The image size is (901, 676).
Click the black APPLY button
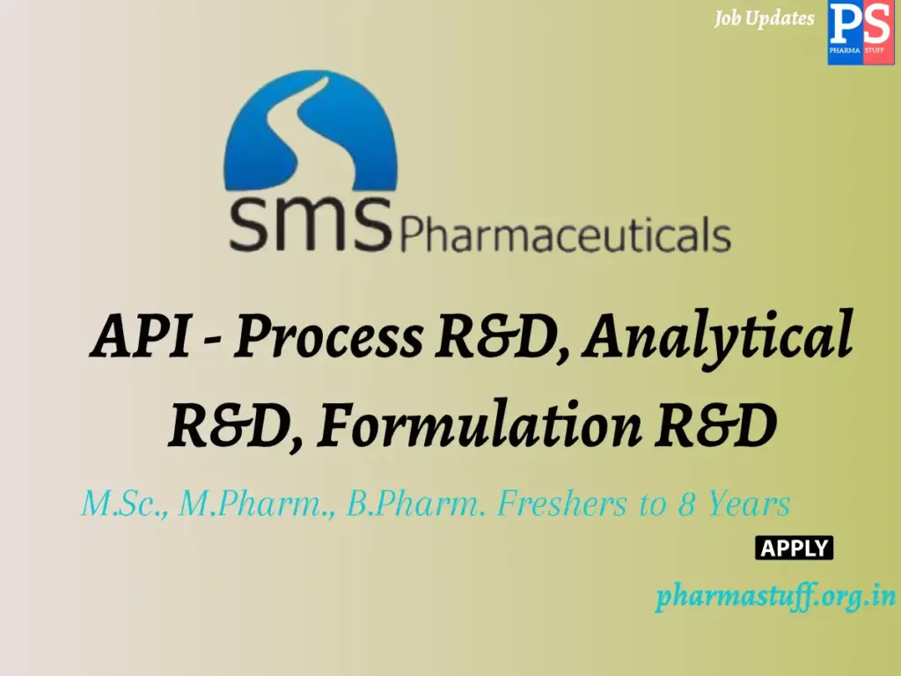[794, 548]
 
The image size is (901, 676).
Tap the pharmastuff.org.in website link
[774, 598]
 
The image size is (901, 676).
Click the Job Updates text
[764, 18]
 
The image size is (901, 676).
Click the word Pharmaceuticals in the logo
[565, 236]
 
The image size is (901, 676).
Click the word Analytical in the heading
[719, 337]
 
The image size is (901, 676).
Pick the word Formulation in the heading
[479, 427]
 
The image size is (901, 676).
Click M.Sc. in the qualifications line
[124, 505]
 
